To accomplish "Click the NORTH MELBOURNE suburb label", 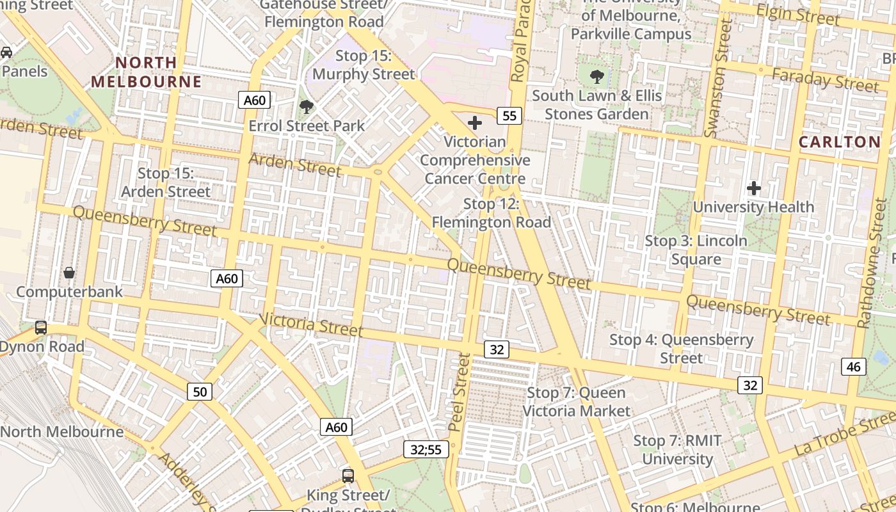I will click(145, 72).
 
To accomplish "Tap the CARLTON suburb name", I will click(840, 142).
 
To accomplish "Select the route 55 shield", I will click(509, 116).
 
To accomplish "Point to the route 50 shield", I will click(200, 391).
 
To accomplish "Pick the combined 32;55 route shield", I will click(426, 449).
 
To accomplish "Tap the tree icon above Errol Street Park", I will click(307, 106).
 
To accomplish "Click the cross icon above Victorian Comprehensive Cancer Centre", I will click(475, 122).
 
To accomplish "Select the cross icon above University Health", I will click(754, 188).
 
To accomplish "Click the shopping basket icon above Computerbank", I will click(69, 273).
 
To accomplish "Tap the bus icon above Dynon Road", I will click(41, 328).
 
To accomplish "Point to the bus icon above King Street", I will click(348, 476).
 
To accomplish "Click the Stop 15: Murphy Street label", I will click(364, 65).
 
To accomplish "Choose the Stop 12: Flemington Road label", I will click(491, 213).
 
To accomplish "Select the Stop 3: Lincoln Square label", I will click(696, 250).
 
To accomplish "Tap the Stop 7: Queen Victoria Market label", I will click(577, 402).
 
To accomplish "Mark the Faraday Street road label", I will click(825, 80).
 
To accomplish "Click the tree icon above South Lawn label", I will click(597, 77).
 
